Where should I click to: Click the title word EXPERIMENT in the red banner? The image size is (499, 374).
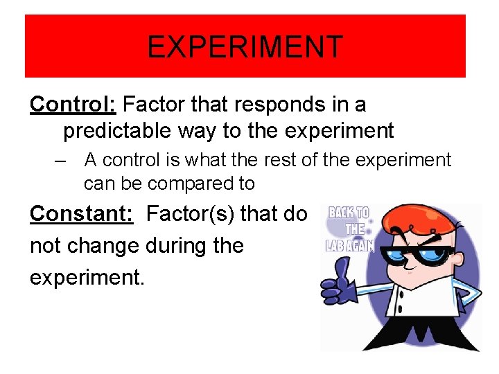[245, 47]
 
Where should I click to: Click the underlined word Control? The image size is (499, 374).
[73, 105]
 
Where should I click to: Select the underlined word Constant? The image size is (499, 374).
[81, 214]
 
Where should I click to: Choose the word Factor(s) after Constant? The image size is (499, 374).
[189, 214]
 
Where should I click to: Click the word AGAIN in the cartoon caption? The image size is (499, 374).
[360, 245]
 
